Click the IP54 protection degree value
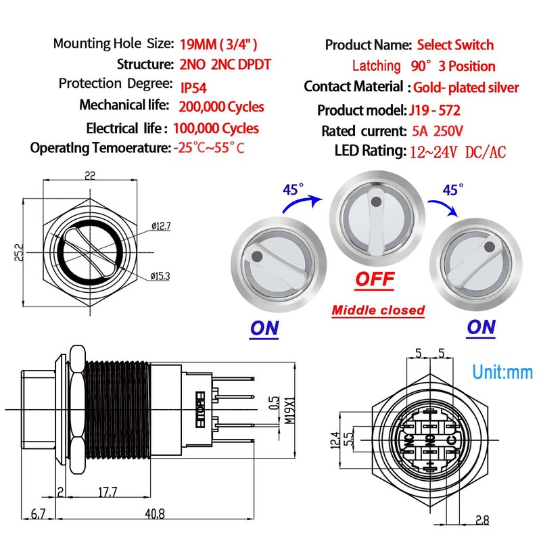(195, 86)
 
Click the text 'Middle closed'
(378, 310)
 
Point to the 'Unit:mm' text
(502, 372)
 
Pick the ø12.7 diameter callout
(161, 226)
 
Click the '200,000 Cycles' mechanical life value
(221, 107)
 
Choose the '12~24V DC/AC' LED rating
(458, 152)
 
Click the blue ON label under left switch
(264, 328)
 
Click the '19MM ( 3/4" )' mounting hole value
(218, 45)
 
